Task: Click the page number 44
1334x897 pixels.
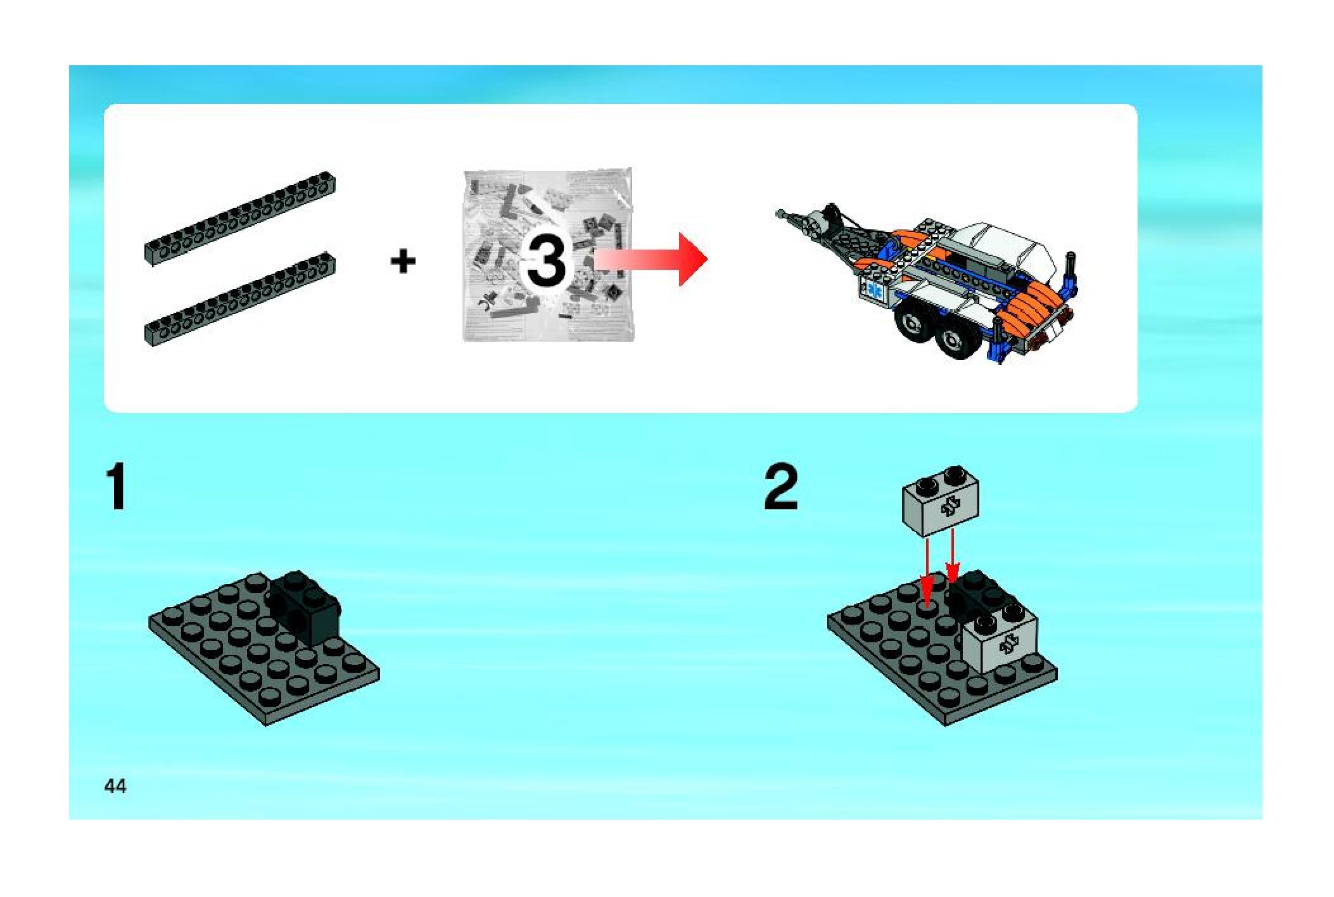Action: [115, 786]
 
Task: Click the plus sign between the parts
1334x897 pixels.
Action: [403, 261]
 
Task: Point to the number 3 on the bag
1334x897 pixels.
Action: [546, 260]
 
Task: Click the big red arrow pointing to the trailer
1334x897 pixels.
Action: [652, 259]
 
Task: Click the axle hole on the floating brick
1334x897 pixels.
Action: [950, 506]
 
